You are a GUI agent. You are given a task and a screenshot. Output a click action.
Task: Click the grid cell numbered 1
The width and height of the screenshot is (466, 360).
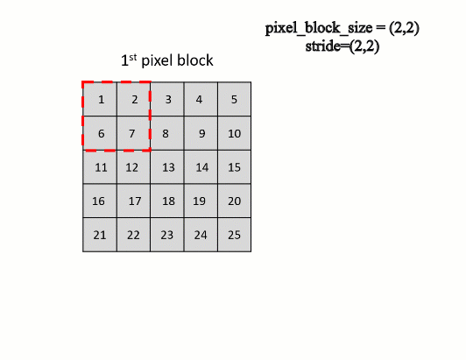click(x=100, y=99)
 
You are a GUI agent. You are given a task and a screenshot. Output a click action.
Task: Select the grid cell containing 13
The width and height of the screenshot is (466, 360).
click(x=167, y=166)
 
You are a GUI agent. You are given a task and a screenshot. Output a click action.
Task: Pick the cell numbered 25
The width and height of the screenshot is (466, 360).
click(x=235, y=235)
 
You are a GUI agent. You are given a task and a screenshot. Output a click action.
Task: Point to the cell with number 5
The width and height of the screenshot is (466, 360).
click(x=235, y=99)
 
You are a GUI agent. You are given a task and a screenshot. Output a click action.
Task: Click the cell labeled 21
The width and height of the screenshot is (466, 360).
click(x=100, y=235)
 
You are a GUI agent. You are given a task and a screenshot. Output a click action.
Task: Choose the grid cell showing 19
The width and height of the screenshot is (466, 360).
click(x=201, y=201)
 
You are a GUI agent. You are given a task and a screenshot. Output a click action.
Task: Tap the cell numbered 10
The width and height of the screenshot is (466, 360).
click(x=235, y=133)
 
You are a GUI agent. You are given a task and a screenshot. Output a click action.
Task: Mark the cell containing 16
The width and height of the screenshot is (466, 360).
click(x=100, y=201)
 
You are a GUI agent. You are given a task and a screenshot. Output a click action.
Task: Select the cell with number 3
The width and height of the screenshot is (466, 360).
click(x=167, y=99)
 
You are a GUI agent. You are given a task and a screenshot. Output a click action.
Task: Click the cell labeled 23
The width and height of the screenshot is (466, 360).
click(x=167, y=235)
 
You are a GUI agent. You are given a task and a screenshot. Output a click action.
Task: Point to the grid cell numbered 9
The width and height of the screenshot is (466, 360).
click(x=201, y=133)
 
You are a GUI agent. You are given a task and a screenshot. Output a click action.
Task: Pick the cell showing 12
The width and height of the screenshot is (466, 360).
click(x=133, y=166)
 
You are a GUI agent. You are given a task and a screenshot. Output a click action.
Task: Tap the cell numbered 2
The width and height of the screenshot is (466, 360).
click(x=133, y=99)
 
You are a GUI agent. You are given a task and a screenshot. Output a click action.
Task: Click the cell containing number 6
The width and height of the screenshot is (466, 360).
click(x=100, y=133)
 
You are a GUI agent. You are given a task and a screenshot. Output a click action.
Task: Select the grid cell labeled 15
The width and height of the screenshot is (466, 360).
click(x=235, y=166)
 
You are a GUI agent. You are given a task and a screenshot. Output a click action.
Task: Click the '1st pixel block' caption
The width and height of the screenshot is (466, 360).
click(x=166, y=61)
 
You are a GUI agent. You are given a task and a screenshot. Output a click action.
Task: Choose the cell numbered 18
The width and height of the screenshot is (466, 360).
click(x=167, y=201)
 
